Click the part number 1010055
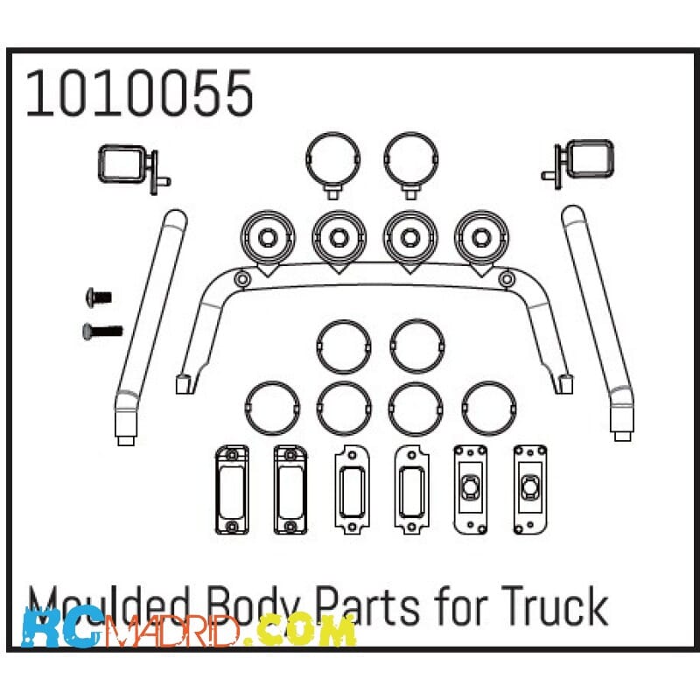[x=139, y=94]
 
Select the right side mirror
[x=577, y=163]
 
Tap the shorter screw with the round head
[x=99, y=297]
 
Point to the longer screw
[x=102, y=332]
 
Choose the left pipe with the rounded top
[x=150, y=325]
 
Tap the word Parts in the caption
[x=367, y=607]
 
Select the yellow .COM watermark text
[x=304, y=629]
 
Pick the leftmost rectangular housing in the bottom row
[x=232, y=490]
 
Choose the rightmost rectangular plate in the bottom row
[x=530, y=490]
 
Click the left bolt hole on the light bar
[x=242, y=280]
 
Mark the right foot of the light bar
[x=564, y=384]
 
